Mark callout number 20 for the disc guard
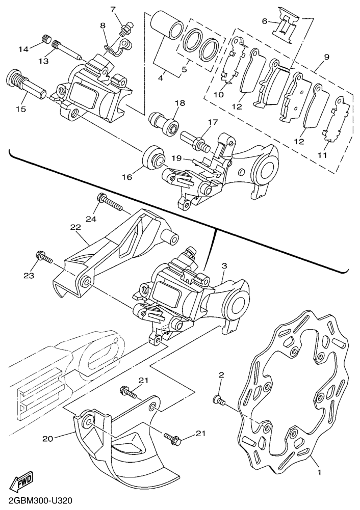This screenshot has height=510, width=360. (x=48, y=438)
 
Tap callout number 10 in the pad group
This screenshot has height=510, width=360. (x=219, y=95)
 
